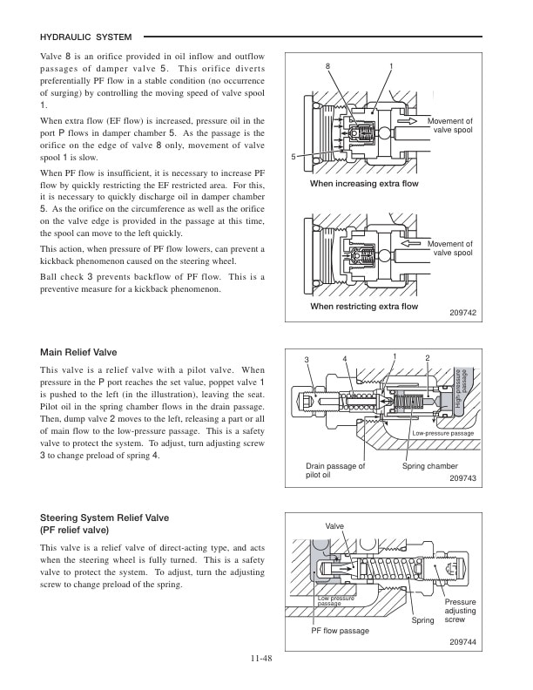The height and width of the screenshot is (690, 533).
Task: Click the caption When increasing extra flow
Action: pos(364,185)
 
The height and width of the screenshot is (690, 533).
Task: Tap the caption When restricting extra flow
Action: pos(364,307)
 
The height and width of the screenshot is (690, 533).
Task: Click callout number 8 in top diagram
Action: pos(328,67)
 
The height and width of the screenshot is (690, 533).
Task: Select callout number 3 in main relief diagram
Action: pos(307,360)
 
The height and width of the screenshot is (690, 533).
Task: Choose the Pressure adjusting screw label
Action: pos(461,611)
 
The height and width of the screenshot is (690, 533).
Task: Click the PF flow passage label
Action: pos(341,630)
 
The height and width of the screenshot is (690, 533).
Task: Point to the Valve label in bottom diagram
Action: pos(334,526)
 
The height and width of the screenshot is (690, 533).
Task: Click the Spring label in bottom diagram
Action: pos(422,620)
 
